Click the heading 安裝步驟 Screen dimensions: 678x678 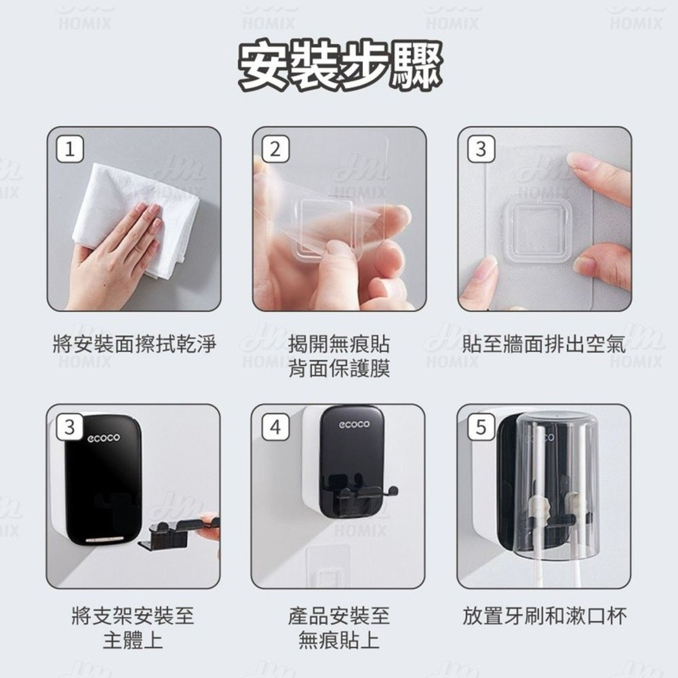pos(340,66)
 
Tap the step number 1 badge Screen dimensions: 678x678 pos(70,149)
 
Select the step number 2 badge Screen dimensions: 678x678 pos(275,149)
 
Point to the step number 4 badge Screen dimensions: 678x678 pos(275,427)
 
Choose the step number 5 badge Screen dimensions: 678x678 pos(481,427)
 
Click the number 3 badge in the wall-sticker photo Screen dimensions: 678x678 pos(481,149)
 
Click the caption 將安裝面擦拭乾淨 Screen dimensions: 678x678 pos(134,344)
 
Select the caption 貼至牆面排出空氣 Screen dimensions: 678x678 pos(544,344)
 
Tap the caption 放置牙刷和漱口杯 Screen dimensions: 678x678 pos(544,616)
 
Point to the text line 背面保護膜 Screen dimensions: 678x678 pos(340,368)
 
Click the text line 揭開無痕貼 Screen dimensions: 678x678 pos(340,344)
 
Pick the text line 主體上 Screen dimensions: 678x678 pos(133,640)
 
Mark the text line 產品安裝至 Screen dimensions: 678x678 pos(340,616)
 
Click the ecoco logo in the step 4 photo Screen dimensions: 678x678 pos(354,424)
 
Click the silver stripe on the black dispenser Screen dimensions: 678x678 pos(104,539)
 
